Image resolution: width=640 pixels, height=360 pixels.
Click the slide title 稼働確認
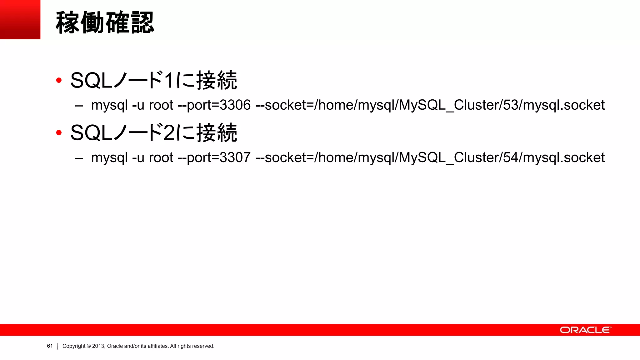[x=105, y=22]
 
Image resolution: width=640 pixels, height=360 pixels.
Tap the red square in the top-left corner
[x=20, y=19]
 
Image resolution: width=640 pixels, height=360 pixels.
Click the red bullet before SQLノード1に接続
[x=59, y=81]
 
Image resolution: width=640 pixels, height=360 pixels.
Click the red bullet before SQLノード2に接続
[x=59, y=133]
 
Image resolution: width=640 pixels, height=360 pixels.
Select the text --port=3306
[x=214, y=105]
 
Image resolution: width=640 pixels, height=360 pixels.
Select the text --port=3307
[x=214, y=158]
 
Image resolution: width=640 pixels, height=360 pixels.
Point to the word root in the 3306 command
[x=161, y=105]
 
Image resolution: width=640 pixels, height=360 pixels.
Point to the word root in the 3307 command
[x=161, y=158]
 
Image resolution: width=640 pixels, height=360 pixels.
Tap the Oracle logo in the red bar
[x=585, y=330]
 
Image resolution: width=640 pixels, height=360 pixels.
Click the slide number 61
[x=50, y=346]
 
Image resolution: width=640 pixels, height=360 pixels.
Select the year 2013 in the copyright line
[x=98, y=346]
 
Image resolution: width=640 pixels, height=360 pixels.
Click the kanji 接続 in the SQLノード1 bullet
[x=217, y=81]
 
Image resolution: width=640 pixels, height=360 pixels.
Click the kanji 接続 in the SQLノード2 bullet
[x=217, y=133]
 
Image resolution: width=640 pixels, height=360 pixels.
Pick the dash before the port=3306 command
[x=79, y=106]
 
